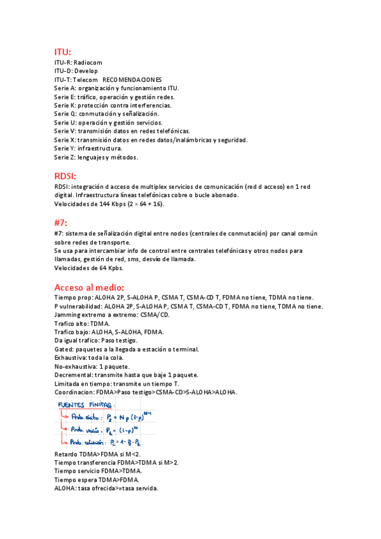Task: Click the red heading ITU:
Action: click(x=62, y=51)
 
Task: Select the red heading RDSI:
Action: click(x=66, y=175)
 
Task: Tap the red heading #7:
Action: click(x=60, y=222)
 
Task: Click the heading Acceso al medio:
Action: click(x=89, y=287)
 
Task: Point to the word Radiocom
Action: click(x=88, y=63)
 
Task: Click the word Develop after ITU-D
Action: click(x=86, y=71)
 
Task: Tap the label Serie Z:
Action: click(x=65, y=157)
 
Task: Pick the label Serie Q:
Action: click(x=66, y=114)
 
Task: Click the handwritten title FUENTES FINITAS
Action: click(x=84, y=405)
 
